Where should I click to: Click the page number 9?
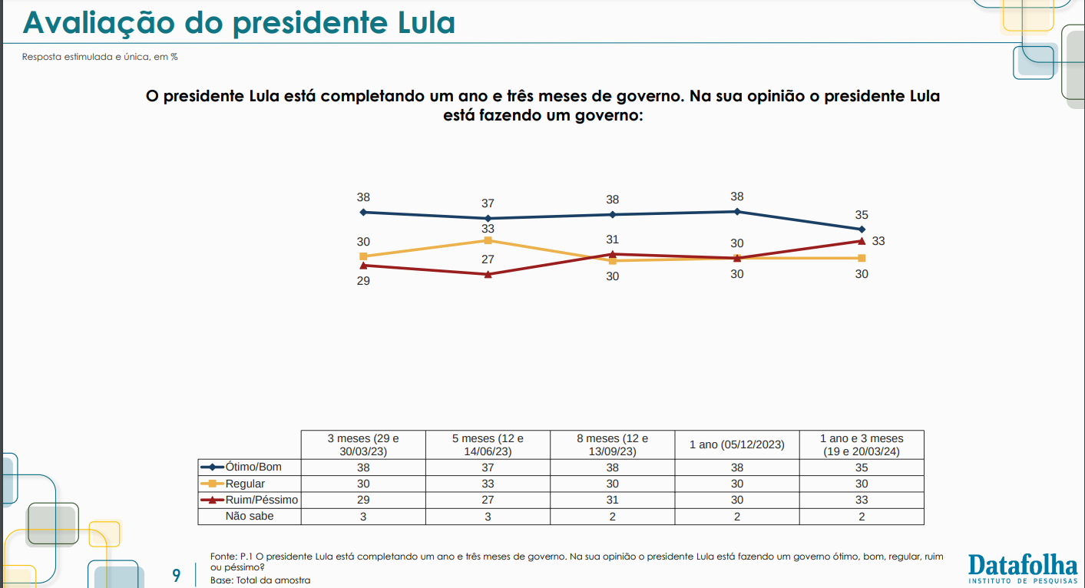pyautogui.click(x=177, y=576)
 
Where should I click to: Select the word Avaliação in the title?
pyautogui.click(x=99, y=22)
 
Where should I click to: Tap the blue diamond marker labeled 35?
pyautogui.click(x=862, y=229)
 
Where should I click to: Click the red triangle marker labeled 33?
pyautogui.click(x=862, y=241)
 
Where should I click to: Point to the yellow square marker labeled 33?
pyautogui.click(x=488, y=240)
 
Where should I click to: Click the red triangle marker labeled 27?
pyautogui.click(x=488, y=275)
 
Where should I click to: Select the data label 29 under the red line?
pyautogui.click(x=363, y=281)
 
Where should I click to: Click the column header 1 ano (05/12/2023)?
pyautogui.click(x=736, y=444)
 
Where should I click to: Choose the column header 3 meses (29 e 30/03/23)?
pyautogui.click(x=363, y=444)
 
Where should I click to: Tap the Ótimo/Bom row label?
pyautogui.click(x=253, y=467)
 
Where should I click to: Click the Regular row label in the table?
pyautogui.click(x=245, y=484)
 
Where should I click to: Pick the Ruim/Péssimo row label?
pyautogui.click(x=262, y=500)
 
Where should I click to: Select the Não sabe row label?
pyautogui.click(x=250, y=517)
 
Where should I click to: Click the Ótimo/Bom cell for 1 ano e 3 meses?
pyautogui.click(x=862, y=467)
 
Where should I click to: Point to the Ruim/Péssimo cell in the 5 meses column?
pyautogui.click(x=488, y=500)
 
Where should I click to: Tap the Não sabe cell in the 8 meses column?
pyautogui.click(x=612, y=517)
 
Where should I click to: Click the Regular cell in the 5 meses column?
pyautogui.click(x=488, y=484)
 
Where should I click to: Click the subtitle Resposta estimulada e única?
pyautogui.click(x=86, y=57)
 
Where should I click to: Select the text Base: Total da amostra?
pyautogui.click(x=260, y=580)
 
